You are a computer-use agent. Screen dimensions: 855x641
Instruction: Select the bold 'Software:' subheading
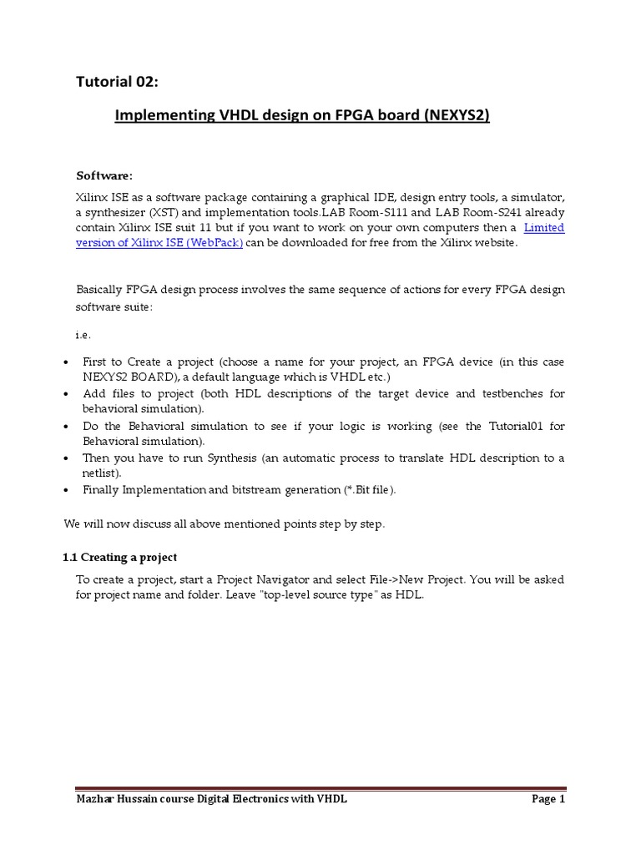click(104, 175)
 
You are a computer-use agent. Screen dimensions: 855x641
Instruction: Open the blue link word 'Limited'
click(543, 227)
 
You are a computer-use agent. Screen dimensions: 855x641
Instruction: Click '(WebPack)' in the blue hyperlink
click(215, 242)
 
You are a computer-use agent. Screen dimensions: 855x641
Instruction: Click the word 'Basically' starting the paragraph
click(100, 290)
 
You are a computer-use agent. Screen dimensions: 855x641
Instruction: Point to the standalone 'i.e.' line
click(83, 335)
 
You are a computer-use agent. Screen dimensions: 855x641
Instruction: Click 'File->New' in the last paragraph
click(389, 579)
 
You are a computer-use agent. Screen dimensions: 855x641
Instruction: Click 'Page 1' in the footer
click(548, 800)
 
